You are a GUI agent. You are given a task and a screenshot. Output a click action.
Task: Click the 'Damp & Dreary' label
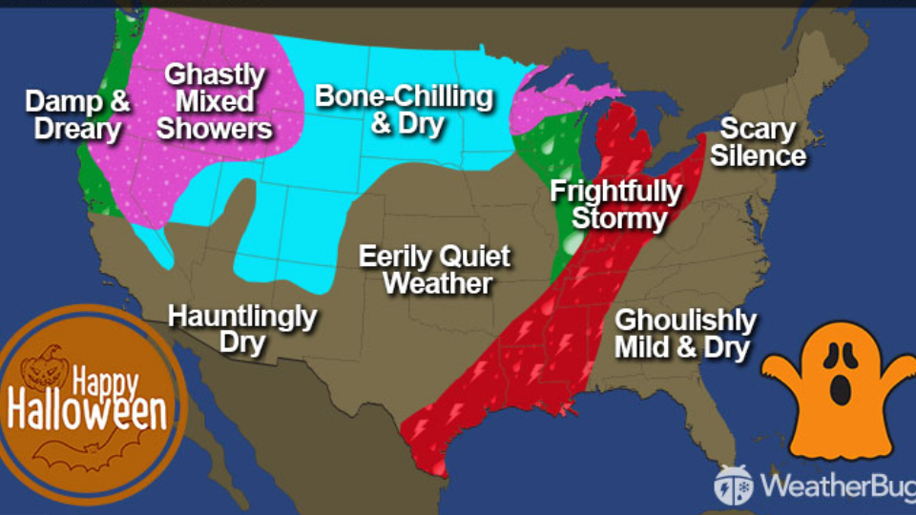[78, 114]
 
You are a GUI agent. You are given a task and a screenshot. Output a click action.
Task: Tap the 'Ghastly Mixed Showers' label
[215, 100]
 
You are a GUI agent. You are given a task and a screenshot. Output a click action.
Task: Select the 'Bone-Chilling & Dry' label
[405, 110]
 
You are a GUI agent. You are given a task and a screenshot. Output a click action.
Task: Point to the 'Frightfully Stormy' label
[615, 205]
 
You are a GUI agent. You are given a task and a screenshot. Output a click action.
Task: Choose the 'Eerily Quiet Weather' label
[434, 269]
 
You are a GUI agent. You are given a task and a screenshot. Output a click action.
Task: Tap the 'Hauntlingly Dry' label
[241, 329]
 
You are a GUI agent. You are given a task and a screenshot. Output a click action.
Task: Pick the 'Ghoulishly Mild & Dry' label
[685, 334]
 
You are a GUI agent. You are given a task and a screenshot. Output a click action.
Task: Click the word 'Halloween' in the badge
[88, 412]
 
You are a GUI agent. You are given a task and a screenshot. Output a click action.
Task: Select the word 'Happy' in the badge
[107, 384]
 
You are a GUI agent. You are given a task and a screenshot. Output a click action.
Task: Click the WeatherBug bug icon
[733, 484]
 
